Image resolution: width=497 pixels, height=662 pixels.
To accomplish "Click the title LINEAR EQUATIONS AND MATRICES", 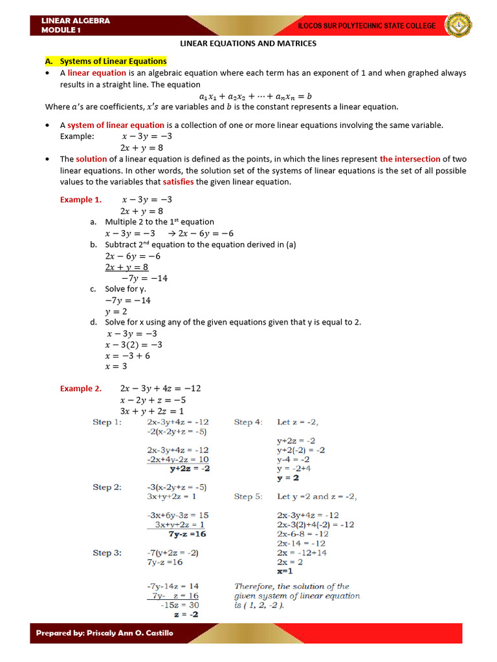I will (248, 44).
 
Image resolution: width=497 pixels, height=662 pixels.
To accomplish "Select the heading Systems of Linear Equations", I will (113, 61).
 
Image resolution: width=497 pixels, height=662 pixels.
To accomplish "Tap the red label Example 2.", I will (81, 389).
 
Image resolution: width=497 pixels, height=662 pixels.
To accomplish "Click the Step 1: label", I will (107, 422).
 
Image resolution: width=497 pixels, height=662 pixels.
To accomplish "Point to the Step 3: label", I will (107, 553).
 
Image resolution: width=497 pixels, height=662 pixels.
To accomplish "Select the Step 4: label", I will (248, 422).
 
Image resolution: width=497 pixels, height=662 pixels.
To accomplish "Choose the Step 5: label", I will (248, 496).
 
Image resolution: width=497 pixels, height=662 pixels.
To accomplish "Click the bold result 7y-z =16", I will (187, 535).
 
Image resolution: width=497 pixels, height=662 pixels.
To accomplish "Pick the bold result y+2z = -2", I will (190, 469).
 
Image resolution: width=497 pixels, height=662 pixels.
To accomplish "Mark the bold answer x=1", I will (285, 571).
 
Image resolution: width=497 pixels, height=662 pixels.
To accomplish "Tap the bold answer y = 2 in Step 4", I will (288, 478).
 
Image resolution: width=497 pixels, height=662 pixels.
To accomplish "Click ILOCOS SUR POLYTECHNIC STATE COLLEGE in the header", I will (366, 26).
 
